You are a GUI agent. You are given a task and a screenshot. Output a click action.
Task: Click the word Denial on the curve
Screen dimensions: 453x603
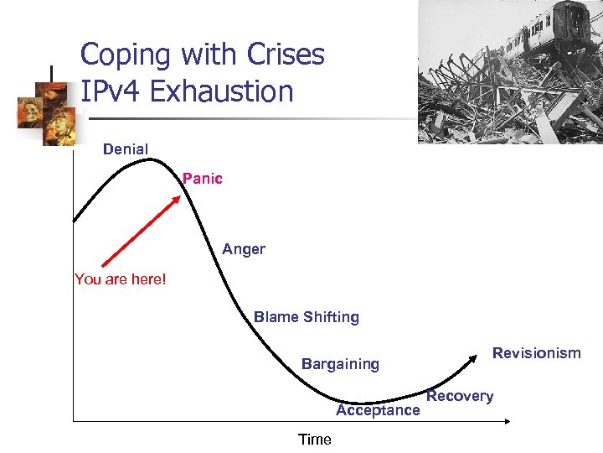click(126, 149)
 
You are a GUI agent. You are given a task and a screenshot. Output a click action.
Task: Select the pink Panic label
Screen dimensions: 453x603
click(203, 179)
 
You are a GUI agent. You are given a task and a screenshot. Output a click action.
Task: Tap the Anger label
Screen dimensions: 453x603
click(244, 249)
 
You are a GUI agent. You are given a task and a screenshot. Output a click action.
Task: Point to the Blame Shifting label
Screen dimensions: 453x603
click(307, 317)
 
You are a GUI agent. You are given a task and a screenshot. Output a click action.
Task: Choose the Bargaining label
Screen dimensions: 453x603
click(340, 364)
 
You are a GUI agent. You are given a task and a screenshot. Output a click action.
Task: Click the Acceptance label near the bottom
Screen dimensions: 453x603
click(378, 410)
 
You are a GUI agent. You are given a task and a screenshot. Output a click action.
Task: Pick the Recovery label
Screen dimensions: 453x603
click(460, 396)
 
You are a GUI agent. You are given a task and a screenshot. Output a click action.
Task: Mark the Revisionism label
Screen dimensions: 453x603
click(536, 353)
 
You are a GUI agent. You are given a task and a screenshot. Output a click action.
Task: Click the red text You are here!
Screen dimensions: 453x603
click(121, 279)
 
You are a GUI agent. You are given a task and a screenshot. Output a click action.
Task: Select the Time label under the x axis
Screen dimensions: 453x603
click(315, 440)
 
